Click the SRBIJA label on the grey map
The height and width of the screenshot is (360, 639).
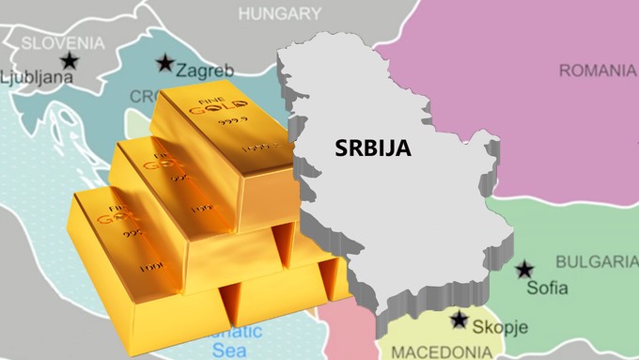(372, 148)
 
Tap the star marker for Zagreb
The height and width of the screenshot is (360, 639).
(165, 63)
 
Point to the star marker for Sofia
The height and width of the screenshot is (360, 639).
(524, 269)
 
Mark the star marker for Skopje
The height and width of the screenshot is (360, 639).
(459, 320)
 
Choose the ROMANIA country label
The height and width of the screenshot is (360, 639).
(598, 70)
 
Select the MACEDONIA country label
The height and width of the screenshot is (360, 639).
(440, 352)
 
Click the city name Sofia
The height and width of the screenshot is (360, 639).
(547, 288)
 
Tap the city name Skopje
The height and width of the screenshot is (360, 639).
(501, 327)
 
